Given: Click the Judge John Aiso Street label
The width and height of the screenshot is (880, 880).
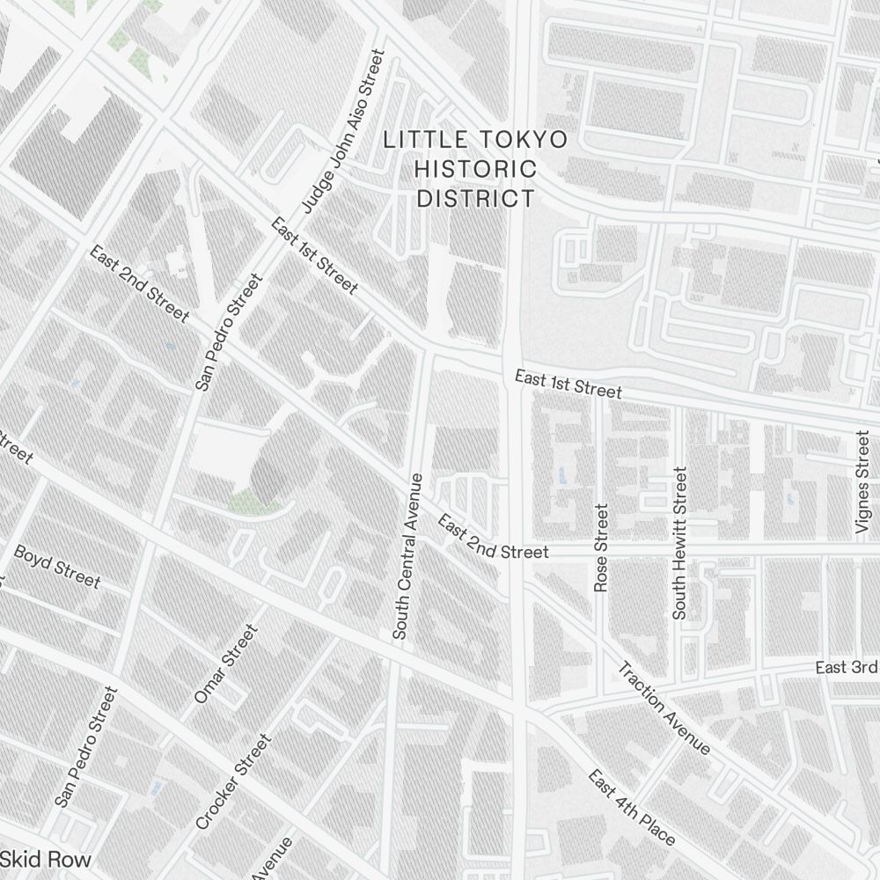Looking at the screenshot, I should coord(343,130).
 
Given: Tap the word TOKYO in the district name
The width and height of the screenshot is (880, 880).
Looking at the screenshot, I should coord(523,140).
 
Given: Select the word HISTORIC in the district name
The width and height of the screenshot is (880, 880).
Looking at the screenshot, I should coord(475,169).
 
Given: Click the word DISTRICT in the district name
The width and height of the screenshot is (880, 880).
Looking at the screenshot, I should coord(475,199).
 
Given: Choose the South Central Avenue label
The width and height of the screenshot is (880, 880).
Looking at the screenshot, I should coord(407,556).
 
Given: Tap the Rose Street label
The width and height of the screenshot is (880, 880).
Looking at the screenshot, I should coord(602,547).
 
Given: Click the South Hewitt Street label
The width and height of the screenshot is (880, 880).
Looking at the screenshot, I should coord(679,543).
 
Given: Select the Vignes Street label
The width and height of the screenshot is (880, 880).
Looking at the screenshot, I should coord(862,482).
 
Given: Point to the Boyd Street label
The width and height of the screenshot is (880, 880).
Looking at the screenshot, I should coord(57,567).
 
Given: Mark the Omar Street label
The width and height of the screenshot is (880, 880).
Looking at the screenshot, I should coord(226,664).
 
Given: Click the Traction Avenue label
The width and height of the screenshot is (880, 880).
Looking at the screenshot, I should coord(664,708).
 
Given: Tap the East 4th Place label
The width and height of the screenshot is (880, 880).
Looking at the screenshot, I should coord(632,808).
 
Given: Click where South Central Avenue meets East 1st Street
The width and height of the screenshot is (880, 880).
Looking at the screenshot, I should coord(425,352).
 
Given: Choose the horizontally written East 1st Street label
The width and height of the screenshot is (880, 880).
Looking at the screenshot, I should coord(568,385).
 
